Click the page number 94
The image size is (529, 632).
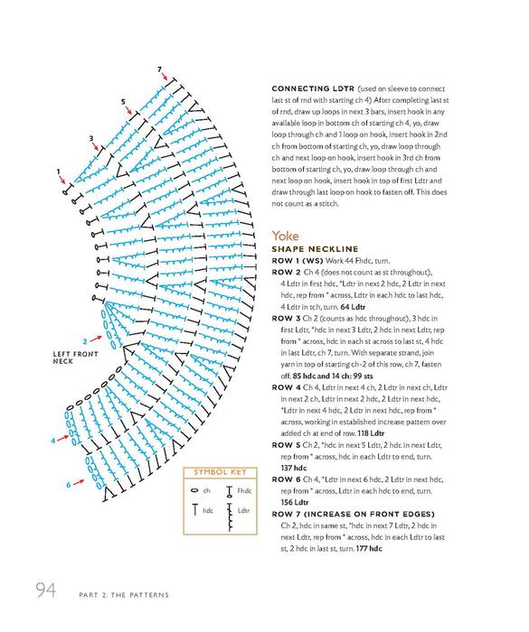[x=45, y=590]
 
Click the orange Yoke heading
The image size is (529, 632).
[x=285, y=236]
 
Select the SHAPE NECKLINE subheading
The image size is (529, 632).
[x=315, y=249]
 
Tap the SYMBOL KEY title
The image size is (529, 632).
[x=220, y=472]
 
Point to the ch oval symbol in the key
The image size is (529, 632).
[x=194, y=490]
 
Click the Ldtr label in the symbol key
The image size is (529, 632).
[x=243, y=511]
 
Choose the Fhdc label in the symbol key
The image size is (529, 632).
[x=244, y=490]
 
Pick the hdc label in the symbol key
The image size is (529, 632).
[x=208, y=511]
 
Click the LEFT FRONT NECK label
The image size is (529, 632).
[x=76, y=358]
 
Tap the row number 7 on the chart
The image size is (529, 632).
[x=159, y=70]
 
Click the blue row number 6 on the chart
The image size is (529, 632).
[x=69, y=485]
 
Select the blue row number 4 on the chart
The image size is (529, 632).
[x=52, y=441]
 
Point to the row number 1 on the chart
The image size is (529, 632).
[x=58, y=172]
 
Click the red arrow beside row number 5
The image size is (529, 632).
[x=128, y=110]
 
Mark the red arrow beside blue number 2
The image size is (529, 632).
[x=96, y=339]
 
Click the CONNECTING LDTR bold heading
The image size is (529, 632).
[x=313, y=88]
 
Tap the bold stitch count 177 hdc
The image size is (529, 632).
[x=369, y=549]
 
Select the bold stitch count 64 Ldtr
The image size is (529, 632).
[x=353, y=307]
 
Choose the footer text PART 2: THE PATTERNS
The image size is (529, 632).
[x=124, y=595]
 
